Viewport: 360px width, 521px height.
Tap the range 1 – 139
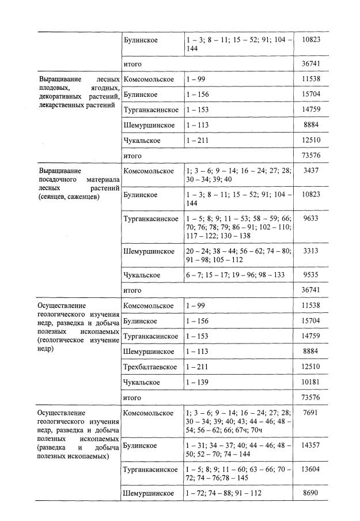coord(196,382)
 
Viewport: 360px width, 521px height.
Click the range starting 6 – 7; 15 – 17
coord(235,275)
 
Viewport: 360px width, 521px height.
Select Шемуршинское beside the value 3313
coord(149,251)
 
